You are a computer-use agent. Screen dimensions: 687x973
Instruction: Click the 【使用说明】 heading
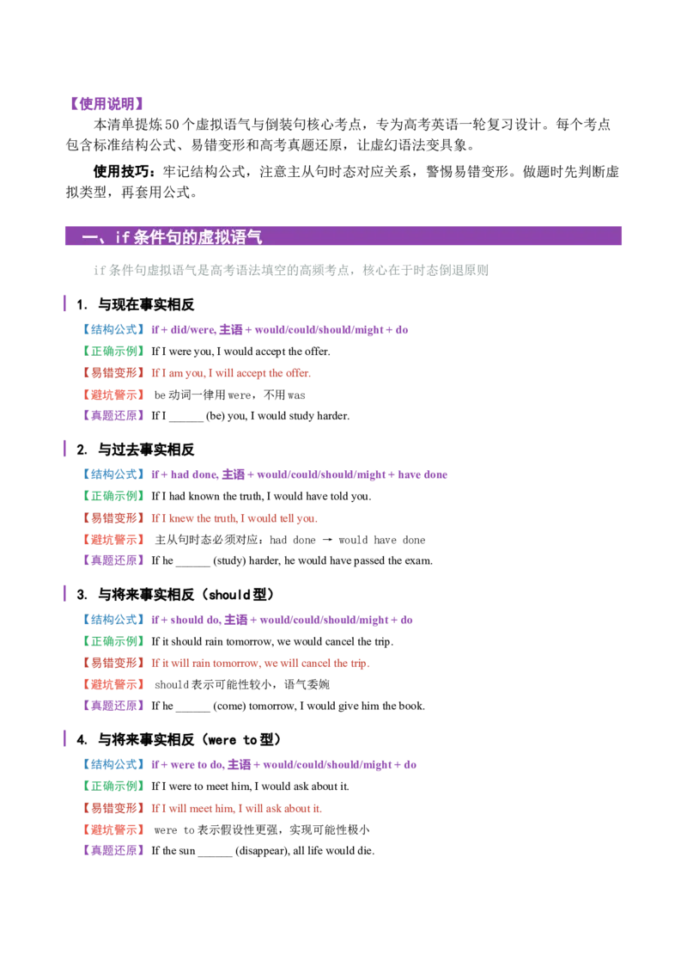106,104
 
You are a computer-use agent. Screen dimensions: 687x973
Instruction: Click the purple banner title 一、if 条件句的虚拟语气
172,236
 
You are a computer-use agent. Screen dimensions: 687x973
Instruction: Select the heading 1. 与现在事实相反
135,304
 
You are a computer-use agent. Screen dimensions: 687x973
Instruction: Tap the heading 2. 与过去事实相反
135,450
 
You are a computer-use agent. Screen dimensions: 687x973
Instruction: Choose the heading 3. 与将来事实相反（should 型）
176,595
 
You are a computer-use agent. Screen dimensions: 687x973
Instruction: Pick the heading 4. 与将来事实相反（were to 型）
179,740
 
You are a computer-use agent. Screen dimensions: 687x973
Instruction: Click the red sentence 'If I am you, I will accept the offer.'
231,373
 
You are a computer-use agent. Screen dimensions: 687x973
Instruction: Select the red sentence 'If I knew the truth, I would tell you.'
234,518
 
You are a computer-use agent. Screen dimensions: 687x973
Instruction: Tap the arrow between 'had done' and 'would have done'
327,540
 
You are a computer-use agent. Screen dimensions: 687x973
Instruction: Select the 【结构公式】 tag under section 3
113,619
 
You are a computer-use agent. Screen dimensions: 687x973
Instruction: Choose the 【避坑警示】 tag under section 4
113,829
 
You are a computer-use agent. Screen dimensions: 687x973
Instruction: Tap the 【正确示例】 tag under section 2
113,496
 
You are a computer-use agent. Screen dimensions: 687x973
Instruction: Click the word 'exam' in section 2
418,561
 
